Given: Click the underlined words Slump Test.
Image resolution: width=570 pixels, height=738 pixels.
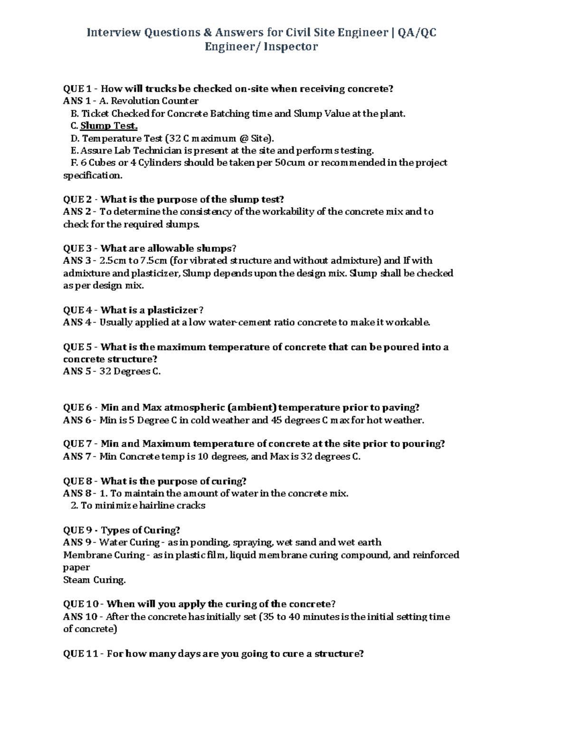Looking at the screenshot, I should coord(109,126).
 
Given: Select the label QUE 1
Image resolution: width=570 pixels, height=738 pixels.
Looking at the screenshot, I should coord(77,89).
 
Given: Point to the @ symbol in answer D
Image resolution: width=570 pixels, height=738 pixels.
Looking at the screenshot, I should coord(244,138).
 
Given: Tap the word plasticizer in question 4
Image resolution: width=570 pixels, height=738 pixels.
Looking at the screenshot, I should coord(172,310).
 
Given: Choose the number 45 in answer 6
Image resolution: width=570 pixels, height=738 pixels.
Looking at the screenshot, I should coord(276,420).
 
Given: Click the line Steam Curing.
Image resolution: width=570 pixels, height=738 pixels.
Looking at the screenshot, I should coord(95,580).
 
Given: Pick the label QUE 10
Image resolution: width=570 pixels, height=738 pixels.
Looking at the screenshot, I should coord(81,604).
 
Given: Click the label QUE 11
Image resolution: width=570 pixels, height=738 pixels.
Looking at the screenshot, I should coord(81,653).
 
